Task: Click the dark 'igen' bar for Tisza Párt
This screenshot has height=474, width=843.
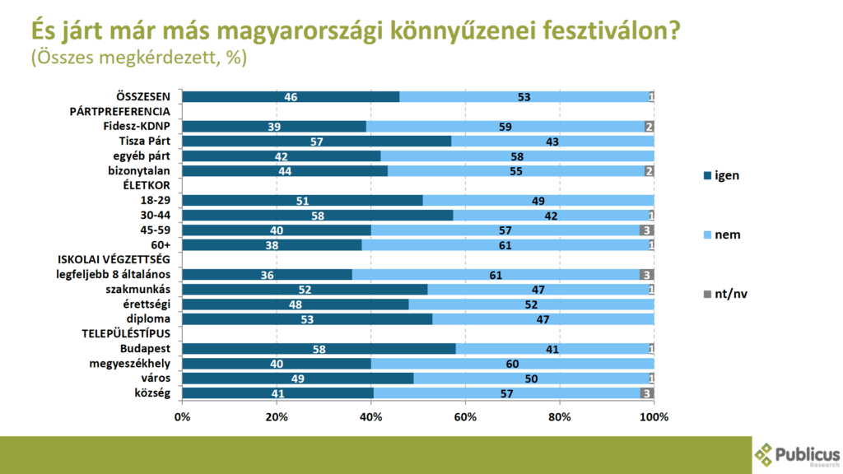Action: coord(316,141)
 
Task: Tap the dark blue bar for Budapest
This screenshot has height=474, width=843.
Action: coord(319,349)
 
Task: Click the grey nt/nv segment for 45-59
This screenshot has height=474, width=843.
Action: coord(646,230)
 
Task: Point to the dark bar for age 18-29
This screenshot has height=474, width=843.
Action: coord(302,200)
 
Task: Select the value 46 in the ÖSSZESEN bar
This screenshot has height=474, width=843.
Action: coord(291,96)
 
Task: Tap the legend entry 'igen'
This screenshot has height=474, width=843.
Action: coord(722,175)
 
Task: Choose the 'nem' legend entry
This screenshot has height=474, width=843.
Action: coord(722,235)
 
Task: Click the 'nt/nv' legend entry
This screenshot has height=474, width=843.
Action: coord(724,294)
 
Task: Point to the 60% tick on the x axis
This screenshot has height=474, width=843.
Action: coord(465,416)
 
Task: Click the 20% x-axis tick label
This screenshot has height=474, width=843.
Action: coord(277,416)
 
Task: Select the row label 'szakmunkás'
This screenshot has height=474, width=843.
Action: coord(143,289)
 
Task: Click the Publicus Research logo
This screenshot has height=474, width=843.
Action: coord(797,454)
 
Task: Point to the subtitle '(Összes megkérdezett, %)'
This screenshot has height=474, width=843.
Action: coord(138,59)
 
